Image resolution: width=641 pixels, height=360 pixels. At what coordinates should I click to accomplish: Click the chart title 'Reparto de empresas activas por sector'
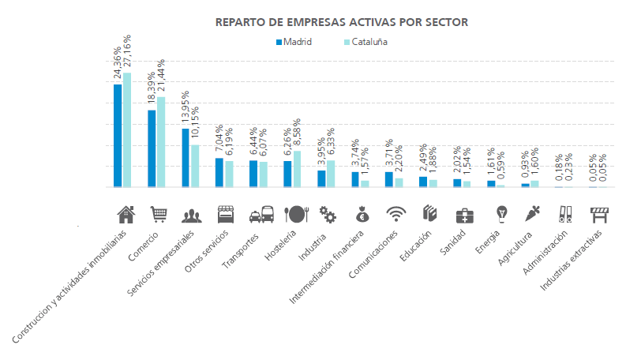341,22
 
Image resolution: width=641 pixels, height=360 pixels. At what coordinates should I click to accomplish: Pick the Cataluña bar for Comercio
161,142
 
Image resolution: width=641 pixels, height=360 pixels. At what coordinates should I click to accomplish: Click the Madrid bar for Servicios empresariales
186,158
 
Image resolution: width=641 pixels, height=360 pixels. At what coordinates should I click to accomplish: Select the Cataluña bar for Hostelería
297,169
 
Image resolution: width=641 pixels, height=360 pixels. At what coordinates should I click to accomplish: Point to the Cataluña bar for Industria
331,174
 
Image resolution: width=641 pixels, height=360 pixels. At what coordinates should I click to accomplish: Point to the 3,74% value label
355,150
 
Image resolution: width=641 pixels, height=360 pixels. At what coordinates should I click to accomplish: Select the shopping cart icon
159,214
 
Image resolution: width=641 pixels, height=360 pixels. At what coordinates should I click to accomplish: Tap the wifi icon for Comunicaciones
395,214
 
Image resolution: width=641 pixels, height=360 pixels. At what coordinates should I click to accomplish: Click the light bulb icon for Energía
500,214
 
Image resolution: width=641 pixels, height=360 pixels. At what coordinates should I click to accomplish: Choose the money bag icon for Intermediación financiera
362,214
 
